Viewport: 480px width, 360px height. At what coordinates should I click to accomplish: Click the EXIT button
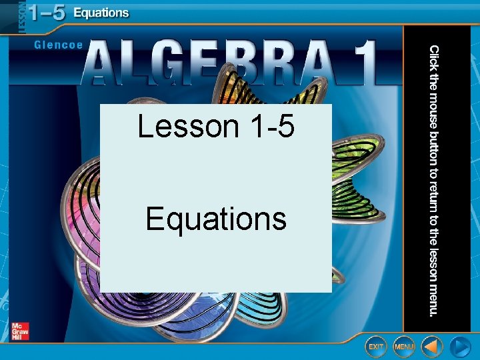click(x=376, y=347)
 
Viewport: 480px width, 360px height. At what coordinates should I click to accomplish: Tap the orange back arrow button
click(x=433, y=347)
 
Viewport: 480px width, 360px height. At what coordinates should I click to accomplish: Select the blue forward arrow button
click(x=460, y=347)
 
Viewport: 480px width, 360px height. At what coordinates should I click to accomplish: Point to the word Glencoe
click(x=58, y=45)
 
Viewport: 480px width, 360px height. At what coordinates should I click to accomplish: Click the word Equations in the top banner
click(x=101, y=13)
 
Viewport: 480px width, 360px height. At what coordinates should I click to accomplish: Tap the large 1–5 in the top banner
click(x=41, y=13)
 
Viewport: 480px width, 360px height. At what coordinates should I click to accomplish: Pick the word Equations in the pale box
click(x=216, y=219)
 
